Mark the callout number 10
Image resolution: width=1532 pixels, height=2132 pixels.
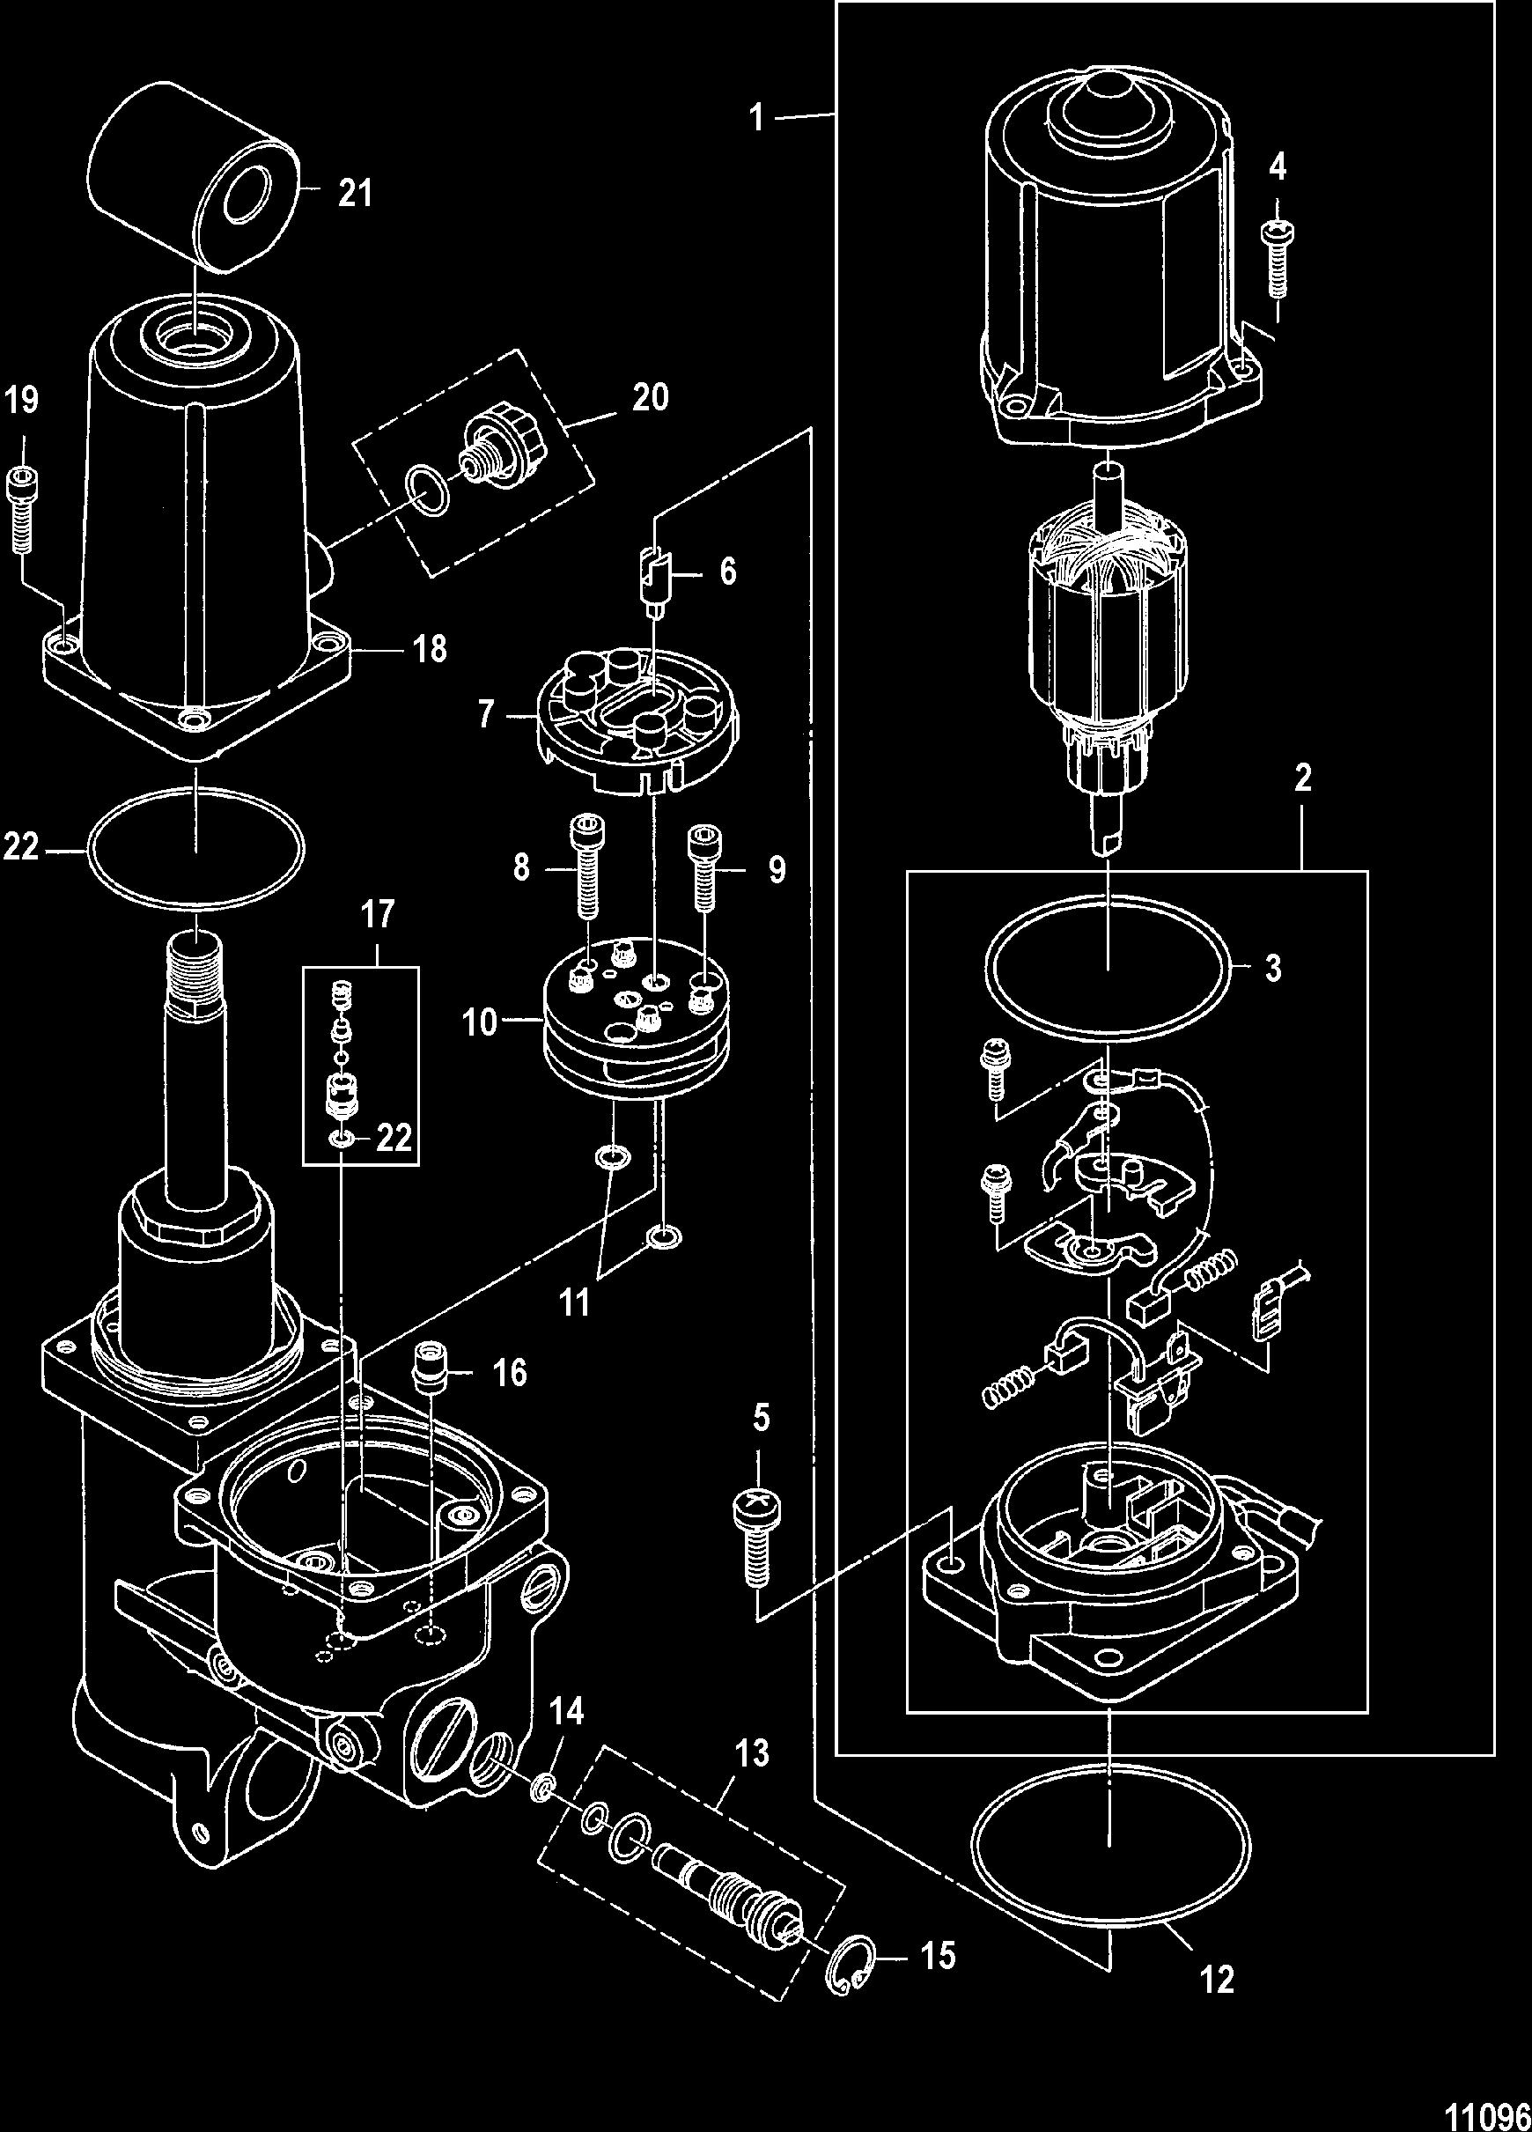point(479,1022)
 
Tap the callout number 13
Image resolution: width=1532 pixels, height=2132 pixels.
point(753,1753)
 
